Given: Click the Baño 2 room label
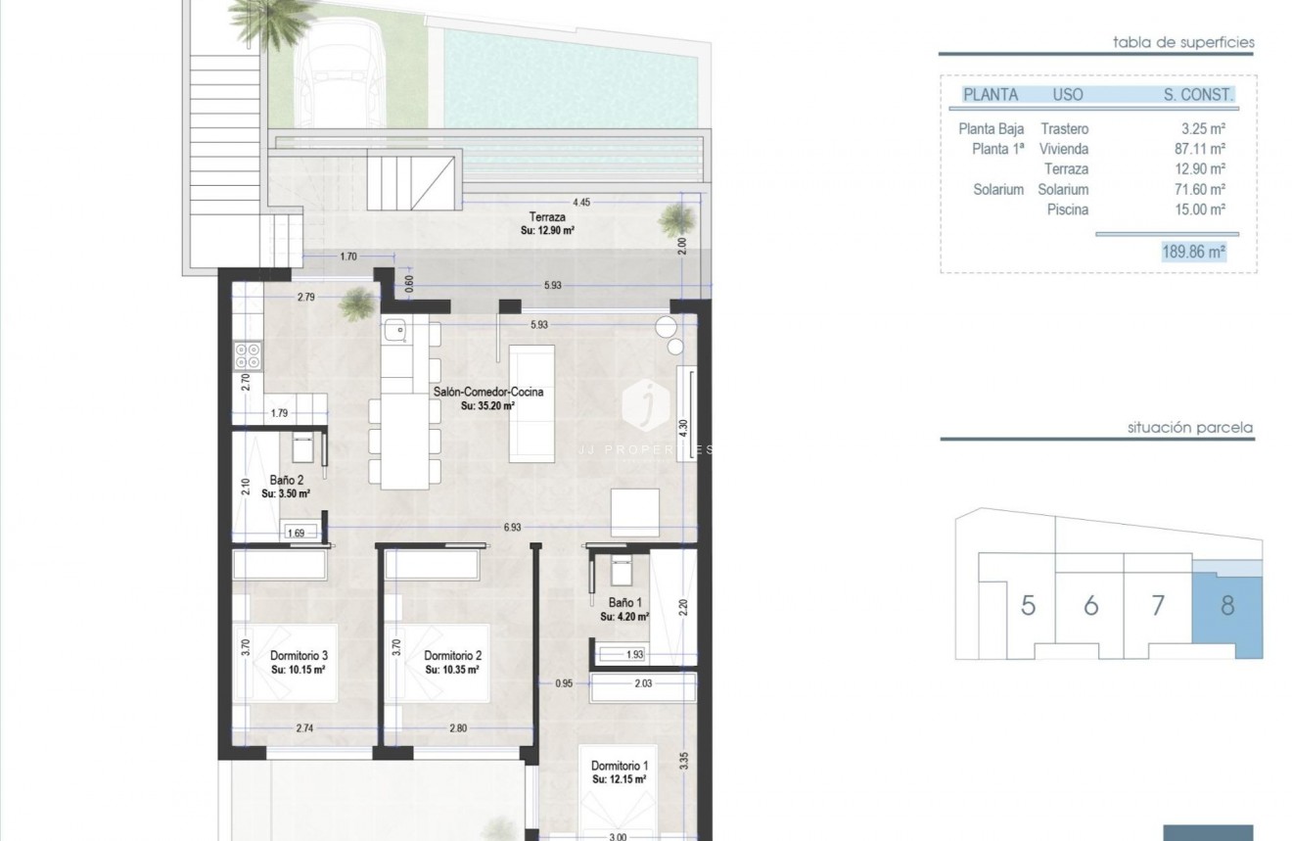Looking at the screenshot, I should [x=287, y=481].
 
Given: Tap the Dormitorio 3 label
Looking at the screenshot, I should [x=298, y=656].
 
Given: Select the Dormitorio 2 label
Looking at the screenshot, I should [x=452, y=656].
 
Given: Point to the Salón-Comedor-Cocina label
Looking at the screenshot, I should [x=487, y=392].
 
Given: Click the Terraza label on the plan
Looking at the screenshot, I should [x=546, y=218].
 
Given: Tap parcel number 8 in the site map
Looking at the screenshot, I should [x=1227, y=605].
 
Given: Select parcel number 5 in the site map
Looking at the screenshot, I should [x=1028, y=605].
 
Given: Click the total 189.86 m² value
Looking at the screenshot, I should [x=1193, y=252].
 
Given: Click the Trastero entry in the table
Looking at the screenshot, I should [x=1064, y=129].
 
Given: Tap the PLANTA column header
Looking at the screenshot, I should [x=991, y=95].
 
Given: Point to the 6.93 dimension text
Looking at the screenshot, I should [x=513, y=528].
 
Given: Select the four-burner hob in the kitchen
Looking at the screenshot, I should [x=249, y=353].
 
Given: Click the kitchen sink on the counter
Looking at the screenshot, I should [x=395, y=333].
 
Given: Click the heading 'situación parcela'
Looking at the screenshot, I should [x=1189, y=428].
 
